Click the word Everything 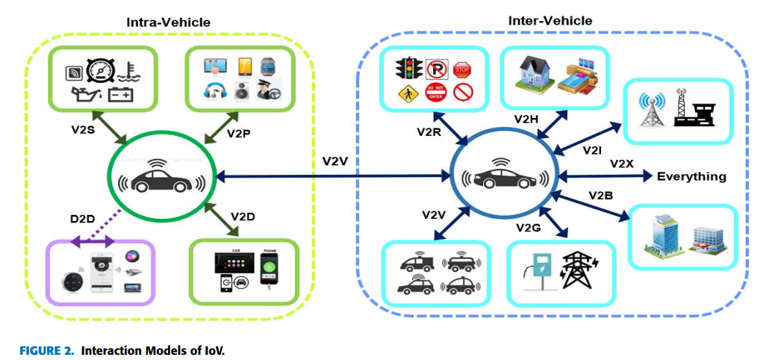(x=691, y=177)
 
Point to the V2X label (x=623, y=164)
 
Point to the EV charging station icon (x=539, y=273)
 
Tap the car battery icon (x=119, y=95)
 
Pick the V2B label (x=602, y=196)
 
